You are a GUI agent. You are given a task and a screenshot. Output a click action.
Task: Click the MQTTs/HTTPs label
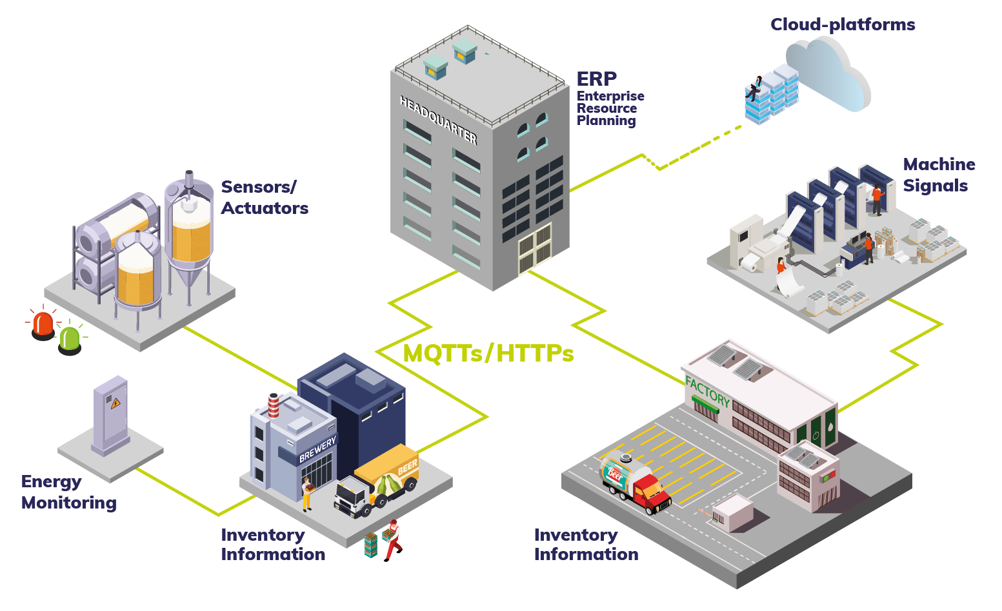click(488, 353)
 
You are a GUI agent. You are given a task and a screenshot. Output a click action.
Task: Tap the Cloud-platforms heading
click(843, 24)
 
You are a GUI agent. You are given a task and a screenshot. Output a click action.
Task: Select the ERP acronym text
click(596, 79)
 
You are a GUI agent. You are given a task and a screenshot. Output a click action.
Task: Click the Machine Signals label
click(938, 175)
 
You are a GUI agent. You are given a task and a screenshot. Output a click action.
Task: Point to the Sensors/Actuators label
click(265, 197)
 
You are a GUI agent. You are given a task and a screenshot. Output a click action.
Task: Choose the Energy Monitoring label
click(68, 492)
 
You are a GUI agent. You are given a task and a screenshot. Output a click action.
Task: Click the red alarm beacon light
click(43, 324)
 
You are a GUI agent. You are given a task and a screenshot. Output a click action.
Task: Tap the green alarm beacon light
click(69, 338)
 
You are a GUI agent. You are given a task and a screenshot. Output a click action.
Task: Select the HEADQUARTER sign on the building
click(438, 120)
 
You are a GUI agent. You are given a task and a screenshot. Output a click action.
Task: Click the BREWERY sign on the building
click(317, 449)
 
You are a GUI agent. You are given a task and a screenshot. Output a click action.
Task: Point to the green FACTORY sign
click(707, 392)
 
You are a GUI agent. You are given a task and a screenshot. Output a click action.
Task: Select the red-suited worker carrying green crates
click(392, 540)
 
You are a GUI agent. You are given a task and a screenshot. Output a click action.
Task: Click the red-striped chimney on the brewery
click(274, 405)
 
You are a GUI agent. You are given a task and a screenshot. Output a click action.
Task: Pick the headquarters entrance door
click(536, 248)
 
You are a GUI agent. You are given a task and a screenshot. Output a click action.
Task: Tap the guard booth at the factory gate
click(732, 512)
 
